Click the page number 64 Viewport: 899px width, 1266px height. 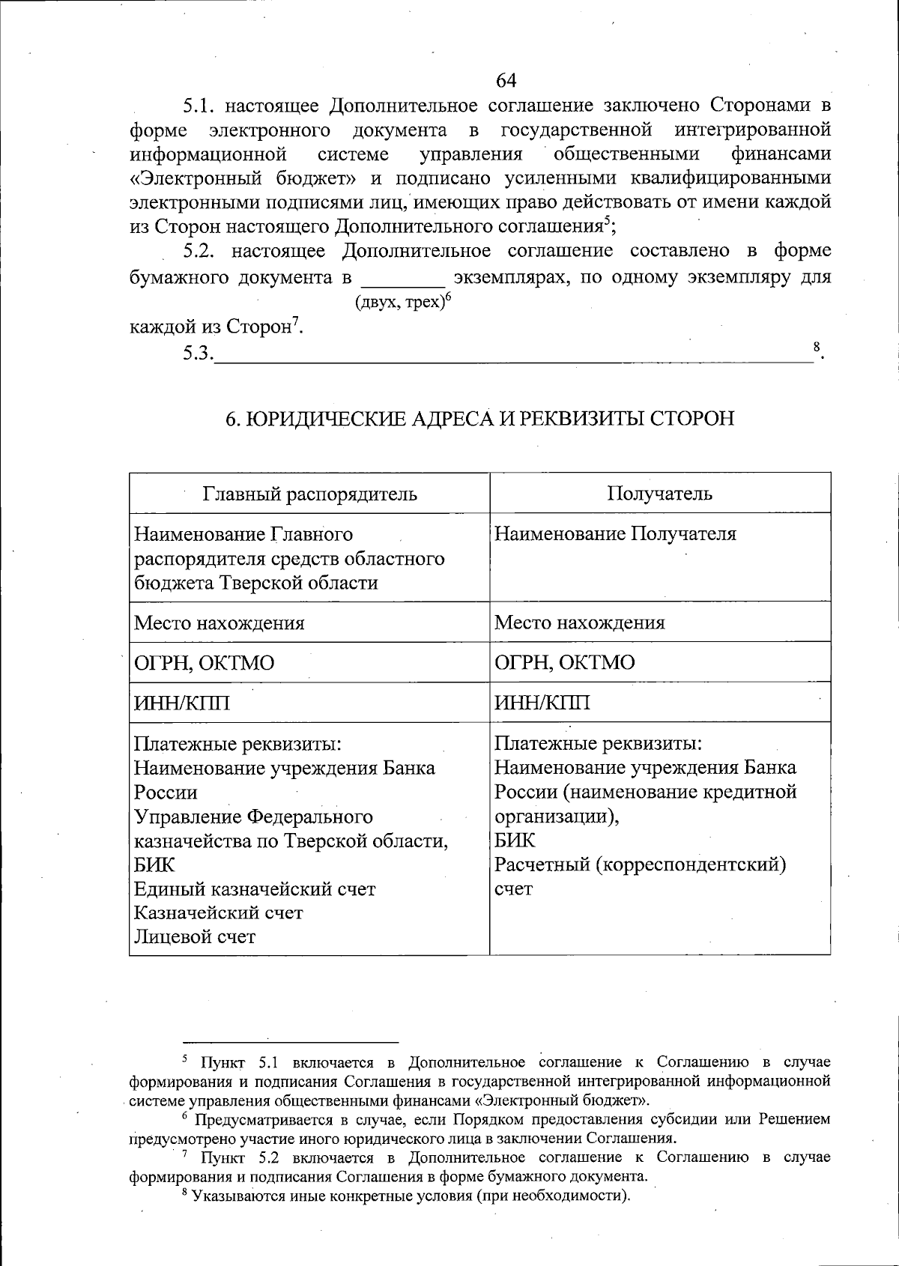[506, 80]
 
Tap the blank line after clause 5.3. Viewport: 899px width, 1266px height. [513, 355]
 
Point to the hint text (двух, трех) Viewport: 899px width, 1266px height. [402, 303]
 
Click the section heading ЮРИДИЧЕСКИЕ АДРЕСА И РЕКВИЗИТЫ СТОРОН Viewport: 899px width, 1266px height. [480, 418]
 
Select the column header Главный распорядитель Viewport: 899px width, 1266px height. [309, 494]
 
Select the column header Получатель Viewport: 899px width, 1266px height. [659, 494]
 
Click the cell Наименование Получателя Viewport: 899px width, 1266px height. [615, 534]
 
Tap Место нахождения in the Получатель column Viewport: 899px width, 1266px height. [579, 623]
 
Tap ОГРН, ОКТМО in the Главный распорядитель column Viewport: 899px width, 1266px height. [204, 663]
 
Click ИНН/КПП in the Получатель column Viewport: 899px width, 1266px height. [542, 703]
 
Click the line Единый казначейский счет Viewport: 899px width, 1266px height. [255, 889]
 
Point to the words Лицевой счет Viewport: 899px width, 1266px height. [195, 937]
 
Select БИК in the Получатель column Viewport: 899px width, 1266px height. [515, 841]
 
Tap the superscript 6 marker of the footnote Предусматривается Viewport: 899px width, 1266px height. [186, 1117]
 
